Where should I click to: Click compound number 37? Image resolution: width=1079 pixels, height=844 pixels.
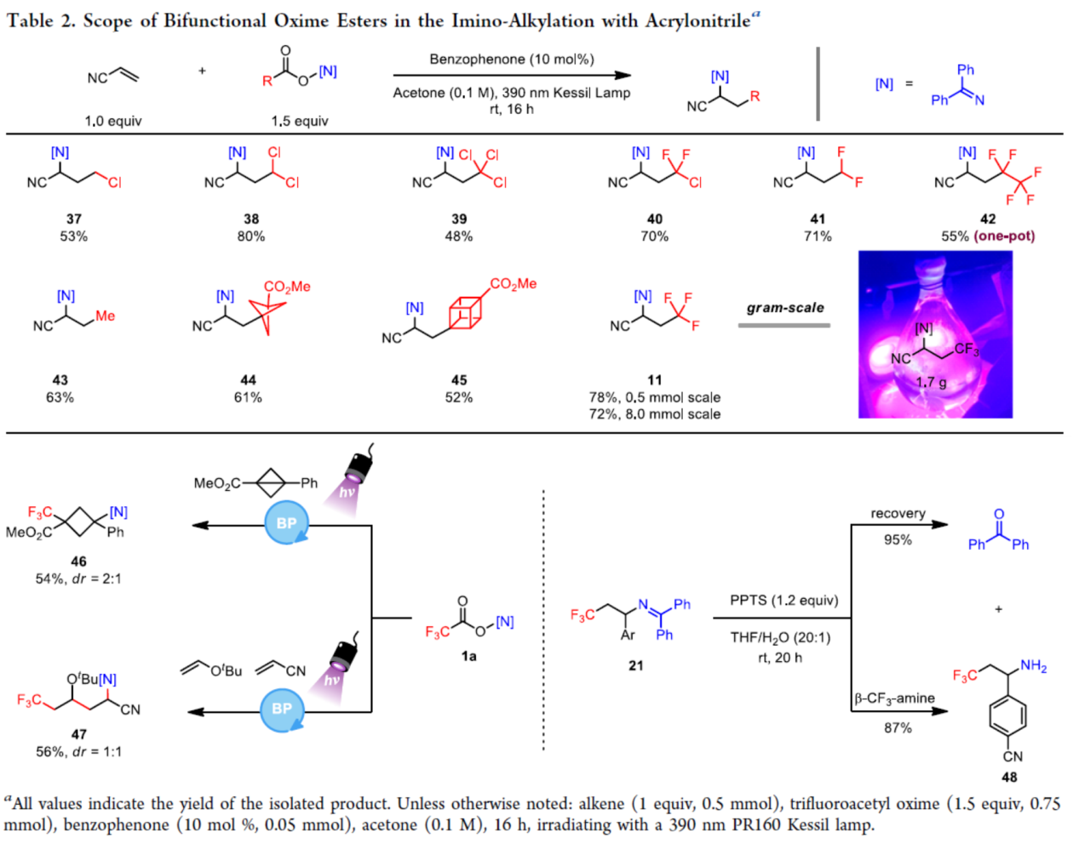[74, 219]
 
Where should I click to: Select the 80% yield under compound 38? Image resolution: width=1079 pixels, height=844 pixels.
[251, 237]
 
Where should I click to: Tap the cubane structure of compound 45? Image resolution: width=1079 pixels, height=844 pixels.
[465, 313]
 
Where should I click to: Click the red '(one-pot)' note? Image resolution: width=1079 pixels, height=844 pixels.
[1005, 237]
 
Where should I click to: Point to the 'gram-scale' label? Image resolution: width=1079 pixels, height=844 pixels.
[785, 308]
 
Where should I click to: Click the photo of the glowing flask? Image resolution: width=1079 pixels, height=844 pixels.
[935, 334]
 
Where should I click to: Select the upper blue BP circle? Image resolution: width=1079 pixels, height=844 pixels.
[287, 523]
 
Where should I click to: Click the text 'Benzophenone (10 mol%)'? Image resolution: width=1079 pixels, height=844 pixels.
[512, 60]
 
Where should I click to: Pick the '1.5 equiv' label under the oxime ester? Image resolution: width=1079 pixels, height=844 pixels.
[300, 121]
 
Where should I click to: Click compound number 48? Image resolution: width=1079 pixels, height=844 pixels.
[1009, 777]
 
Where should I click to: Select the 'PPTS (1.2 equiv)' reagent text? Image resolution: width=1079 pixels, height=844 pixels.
[783, 601]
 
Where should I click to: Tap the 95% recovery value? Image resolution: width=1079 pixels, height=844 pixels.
[898, 539]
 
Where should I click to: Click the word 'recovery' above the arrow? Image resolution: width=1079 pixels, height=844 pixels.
[898, 514]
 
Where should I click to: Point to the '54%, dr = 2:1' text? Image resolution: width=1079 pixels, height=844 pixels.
[78, 579]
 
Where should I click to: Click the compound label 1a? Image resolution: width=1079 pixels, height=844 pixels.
[468, 656]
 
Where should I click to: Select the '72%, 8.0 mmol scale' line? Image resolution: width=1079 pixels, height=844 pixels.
[654, 414]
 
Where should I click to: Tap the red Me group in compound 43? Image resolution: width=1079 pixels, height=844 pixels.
[106, 316]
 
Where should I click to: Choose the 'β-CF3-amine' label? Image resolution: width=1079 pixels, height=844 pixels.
[894, 699]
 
